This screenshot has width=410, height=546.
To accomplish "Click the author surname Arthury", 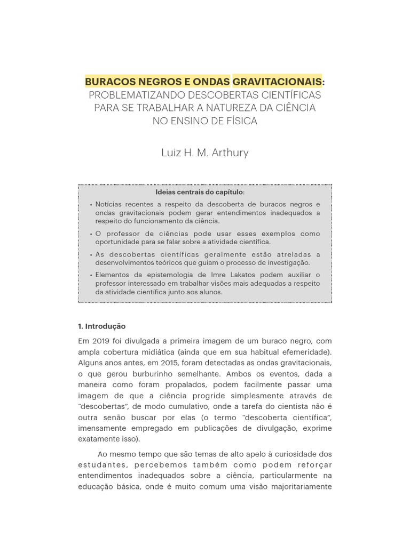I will (228, 153).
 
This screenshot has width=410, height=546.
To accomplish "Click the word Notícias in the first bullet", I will (109, 204).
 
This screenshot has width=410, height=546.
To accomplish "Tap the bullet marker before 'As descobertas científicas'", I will (91, 255).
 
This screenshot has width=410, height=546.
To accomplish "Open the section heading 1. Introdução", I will (101, 326).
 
